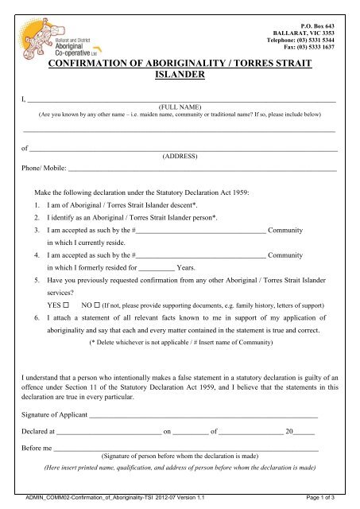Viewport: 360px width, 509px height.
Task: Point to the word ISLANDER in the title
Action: click(180, 78)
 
